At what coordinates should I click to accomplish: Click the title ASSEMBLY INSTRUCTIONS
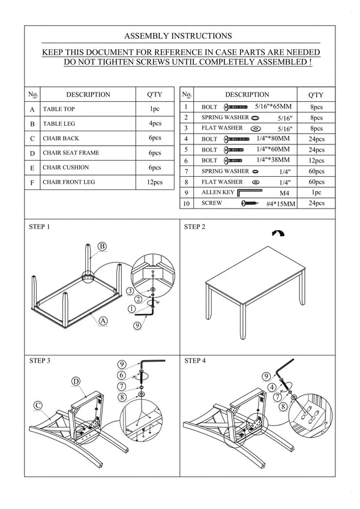[x=178, y=36]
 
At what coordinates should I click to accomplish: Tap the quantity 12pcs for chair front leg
[x=155, y=182]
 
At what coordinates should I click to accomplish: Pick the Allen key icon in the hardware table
[x=249, y=193]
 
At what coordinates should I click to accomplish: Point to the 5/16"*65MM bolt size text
[x=273, y=107]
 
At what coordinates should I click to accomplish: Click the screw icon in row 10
[x=250, y=203]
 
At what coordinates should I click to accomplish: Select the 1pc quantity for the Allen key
[x=316, y=192]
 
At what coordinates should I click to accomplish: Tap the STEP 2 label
[x=194, y=227]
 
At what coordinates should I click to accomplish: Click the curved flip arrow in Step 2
[x=278, y=233]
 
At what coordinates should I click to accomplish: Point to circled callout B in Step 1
[x=102, y=246]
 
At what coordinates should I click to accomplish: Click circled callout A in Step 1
[x=103, y=321]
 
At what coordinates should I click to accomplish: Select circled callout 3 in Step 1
[x=130, y=291]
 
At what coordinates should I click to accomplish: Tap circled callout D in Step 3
[x=76, y=381]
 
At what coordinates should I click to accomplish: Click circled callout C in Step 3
[x=38, y=405]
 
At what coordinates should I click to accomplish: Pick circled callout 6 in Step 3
[x=122, y=375]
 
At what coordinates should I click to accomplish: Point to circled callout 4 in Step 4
[x=272, y=387]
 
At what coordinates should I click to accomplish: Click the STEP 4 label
[x=195, y=361]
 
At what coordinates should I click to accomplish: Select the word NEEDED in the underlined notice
[x=303, y=52]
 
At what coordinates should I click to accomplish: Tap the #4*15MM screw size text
[x=281, y=204]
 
